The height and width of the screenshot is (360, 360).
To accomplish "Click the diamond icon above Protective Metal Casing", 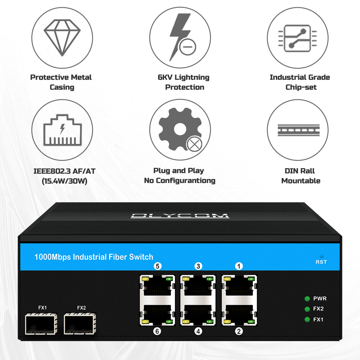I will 62,38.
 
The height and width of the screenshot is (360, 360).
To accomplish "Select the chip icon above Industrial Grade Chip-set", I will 298,38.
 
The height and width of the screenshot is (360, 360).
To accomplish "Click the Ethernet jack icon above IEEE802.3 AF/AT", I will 62,130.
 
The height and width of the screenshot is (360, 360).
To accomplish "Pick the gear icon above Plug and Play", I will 180,130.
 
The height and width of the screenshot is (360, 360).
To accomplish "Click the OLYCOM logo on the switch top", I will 180,216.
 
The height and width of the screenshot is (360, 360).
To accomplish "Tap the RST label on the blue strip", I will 321,262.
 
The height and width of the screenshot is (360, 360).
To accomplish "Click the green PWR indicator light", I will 307,298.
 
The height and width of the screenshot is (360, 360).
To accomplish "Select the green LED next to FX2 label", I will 307,309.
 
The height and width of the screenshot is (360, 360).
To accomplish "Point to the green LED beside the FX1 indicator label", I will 307,319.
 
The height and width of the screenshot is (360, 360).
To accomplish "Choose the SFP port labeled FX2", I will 80,324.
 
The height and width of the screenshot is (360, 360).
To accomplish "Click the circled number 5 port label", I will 157,266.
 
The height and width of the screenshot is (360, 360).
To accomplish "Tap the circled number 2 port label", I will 239,331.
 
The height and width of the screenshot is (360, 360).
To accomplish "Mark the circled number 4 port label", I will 198,331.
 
